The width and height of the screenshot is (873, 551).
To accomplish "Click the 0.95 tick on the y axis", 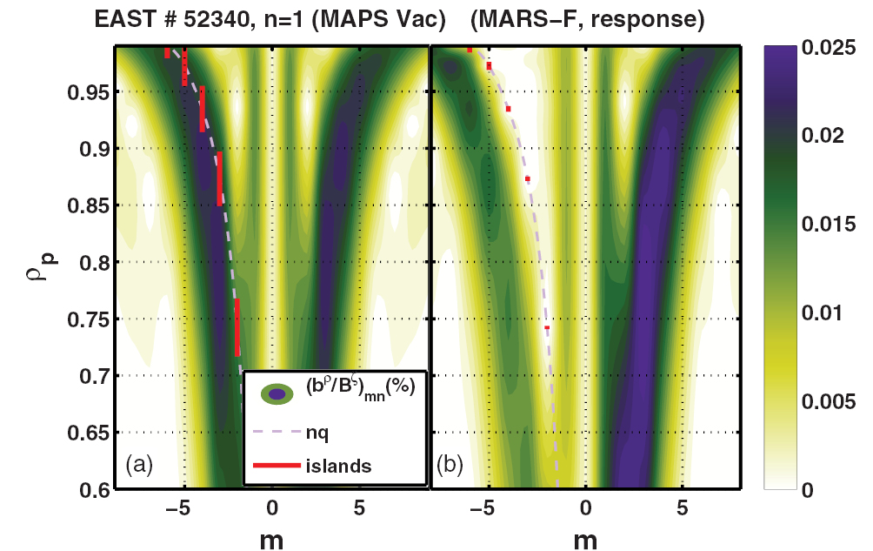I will pos(91,92).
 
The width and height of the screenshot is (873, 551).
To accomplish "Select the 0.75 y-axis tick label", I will pos(91,319).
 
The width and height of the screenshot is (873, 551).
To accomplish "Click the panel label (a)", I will pos(140,465).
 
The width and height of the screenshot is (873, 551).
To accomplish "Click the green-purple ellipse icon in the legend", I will pos(277,394).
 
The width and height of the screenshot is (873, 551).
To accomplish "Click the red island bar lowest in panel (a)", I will pos(237,327).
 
